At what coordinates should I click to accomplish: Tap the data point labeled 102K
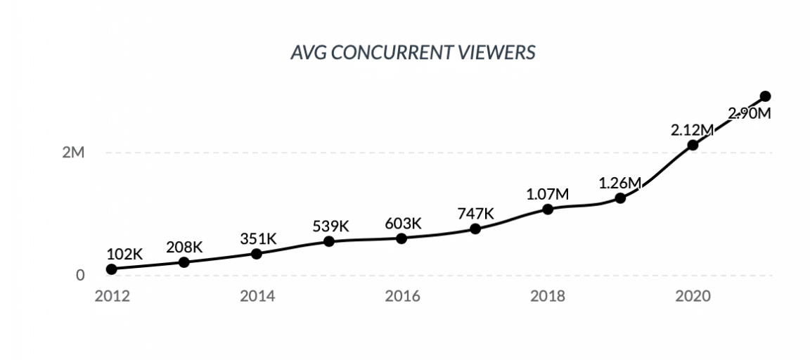pos(111,269)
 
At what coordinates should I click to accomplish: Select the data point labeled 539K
pos(329,241)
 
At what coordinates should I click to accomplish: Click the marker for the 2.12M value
pos(693,145)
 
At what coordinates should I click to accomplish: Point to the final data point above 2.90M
pos(766,96)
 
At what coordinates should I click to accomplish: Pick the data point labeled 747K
pos(475,229)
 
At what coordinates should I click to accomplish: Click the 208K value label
pos(184,247)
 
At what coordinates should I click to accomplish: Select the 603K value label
pos(402,224)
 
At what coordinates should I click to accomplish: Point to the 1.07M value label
pos(547,194)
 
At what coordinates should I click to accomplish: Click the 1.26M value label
pos(620,184)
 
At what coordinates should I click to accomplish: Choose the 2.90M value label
pos(750,114)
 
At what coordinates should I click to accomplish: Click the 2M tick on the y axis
pos(72,153)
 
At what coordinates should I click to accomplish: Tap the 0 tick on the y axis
pos(80,276)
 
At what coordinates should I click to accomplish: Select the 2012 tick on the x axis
pos(111,295)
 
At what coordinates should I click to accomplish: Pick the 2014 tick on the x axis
pos(257,295)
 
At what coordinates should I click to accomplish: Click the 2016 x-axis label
pos(402,295)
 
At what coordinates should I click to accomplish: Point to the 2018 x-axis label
pos(547,295)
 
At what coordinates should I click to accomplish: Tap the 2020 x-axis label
pos(693,295)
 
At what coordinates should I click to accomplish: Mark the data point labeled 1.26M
pos(620,198)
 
